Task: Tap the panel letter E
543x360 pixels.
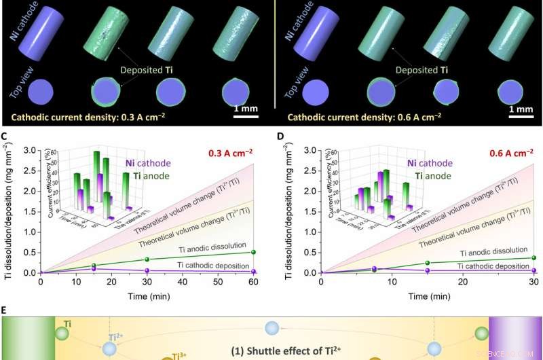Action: (x=5, y=309)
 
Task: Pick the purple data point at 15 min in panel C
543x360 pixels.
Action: (x=94, y=269)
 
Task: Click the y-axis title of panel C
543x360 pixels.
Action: (x=12, y=209)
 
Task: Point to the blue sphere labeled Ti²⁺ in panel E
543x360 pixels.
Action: (x=109, y=348)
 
